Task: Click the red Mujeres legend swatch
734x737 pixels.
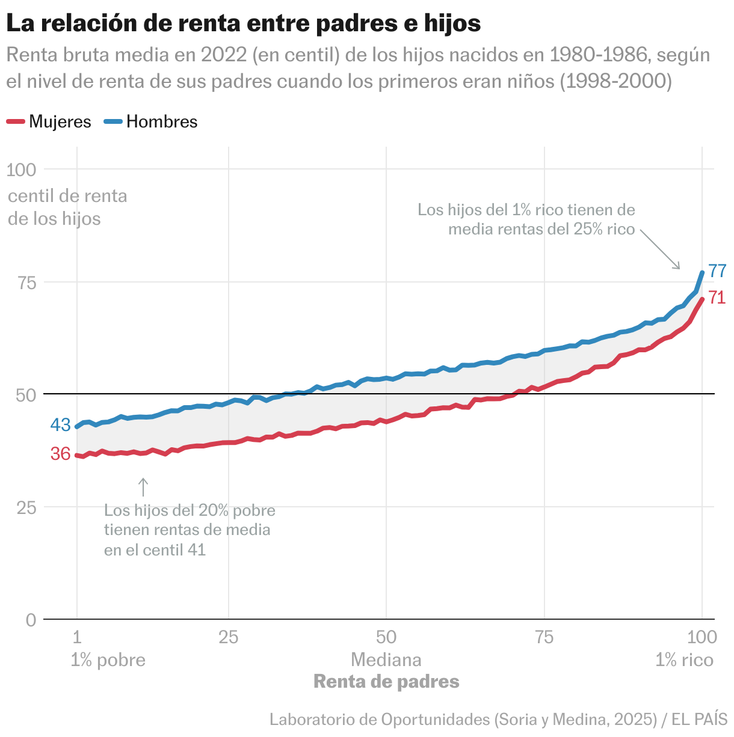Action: point(16,122)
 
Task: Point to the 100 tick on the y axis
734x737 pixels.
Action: point(22,170)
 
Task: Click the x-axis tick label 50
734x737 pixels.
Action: point(386,637)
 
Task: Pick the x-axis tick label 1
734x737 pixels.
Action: point(77,637)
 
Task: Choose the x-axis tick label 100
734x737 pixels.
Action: point(702,637)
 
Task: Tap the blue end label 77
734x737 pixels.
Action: point(717,271)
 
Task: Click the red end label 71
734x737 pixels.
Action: point(717,298)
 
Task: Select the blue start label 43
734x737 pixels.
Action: point(61,425)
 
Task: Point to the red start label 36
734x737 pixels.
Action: point(61,454)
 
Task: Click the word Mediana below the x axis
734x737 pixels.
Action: point(386,660)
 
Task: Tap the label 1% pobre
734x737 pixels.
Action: point(108,660)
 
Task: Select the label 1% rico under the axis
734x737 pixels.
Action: point(684,660)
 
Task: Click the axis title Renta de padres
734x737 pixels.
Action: point(386,682)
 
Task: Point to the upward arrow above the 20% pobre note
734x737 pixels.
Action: point(143,487)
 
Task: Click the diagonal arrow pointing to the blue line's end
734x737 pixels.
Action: point(660,249)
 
